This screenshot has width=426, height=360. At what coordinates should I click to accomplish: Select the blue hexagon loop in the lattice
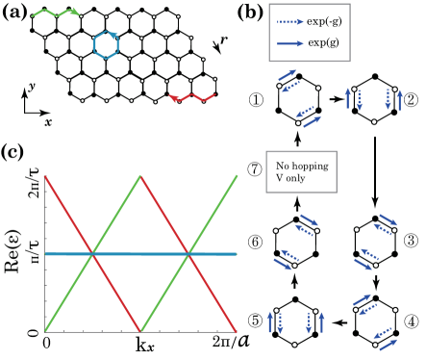click(106, 44)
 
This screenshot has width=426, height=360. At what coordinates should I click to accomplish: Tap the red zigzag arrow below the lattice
click(192, 97)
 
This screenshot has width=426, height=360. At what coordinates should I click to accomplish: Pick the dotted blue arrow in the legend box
click(289, 21)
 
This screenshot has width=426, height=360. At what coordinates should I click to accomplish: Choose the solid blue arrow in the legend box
click(289, 43)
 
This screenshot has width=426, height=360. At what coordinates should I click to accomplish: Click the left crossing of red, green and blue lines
click(92, 254)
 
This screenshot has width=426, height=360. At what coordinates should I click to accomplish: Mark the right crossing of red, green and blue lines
click(188, 254)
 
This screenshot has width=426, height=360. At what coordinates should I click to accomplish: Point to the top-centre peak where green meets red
click(140, 175)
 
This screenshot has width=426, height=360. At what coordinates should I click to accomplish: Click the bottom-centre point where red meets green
click(140, 332)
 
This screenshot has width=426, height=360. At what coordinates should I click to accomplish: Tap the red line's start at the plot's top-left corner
click(45, 175)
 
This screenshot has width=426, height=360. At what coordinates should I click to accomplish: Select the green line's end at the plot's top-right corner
click(237, 175)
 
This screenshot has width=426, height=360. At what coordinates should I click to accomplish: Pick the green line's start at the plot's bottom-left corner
click(45, 332)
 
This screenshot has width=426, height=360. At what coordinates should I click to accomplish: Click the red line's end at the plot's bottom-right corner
click(237, 332)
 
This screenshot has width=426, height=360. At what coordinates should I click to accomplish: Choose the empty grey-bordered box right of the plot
click(301, 171)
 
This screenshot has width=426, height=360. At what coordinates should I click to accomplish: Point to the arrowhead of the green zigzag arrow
click(76, 13)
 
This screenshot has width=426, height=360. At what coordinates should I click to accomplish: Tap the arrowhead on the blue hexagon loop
click(114, 36)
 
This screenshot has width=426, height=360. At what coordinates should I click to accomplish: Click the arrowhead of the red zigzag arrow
click(173, 97)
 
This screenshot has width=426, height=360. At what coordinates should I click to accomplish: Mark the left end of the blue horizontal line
click(45, 254)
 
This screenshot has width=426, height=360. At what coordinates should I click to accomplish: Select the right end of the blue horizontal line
click(237, 254)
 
